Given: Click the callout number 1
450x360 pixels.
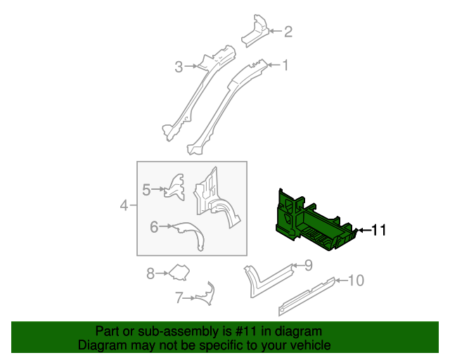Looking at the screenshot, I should coord(285,65).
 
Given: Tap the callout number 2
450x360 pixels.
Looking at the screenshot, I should coord(288,31).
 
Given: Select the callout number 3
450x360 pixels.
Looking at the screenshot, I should coord(179,67).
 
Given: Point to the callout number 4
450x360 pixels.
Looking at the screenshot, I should coord(124,206).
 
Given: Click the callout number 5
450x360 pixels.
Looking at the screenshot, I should coord(146,189).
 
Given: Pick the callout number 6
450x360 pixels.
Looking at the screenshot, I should coord(153,226).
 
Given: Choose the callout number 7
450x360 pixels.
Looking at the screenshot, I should coord(179,297).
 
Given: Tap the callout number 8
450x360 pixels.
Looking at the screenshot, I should coord(150,274).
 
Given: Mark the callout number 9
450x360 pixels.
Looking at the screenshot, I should coord(307,265).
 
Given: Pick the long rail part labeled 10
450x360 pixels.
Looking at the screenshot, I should coord(307,292).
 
